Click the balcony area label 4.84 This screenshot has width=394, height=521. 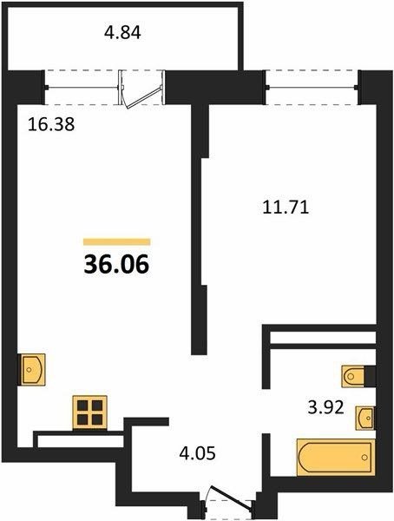(122, 33)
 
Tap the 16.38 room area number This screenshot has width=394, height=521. (51, 125)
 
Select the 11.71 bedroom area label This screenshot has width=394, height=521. (286, 208)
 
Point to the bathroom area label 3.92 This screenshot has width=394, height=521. (325, 407)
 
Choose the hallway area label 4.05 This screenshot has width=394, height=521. (197, 453)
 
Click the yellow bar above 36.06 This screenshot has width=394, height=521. (116, 241)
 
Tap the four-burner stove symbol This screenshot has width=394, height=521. (89, 412)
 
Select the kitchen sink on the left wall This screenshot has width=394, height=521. (33, 370)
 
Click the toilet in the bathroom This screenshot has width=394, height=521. (353, 377)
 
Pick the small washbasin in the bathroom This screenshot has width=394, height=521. (364, 418)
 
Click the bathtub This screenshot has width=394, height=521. (336, 458)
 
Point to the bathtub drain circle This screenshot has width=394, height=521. (364, 458)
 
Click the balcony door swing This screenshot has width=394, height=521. (141, 89)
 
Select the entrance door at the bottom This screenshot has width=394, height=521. (230, 502)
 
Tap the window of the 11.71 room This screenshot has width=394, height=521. (312, 88)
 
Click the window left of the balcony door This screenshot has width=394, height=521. (82, 88)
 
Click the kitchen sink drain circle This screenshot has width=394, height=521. (29, 370)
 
